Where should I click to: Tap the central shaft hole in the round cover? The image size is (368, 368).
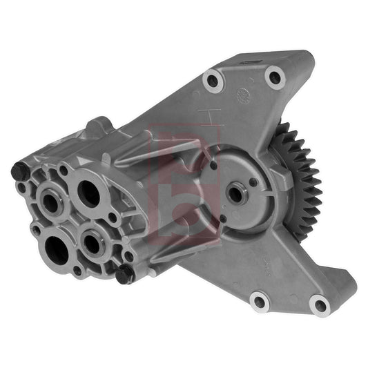tap(235, 194)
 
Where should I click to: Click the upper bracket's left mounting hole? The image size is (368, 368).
tap(213, 81)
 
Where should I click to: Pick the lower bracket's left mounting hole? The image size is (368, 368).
tap(260, 300)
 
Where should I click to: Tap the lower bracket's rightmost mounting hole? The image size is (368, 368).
tap(318, 304)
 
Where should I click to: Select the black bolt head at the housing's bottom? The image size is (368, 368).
tap(124, 274)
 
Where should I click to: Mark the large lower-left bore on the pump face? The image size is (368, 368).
tap(57, 250)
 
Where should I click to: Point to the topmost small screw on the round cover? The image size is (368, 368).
tap(213, 165)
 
